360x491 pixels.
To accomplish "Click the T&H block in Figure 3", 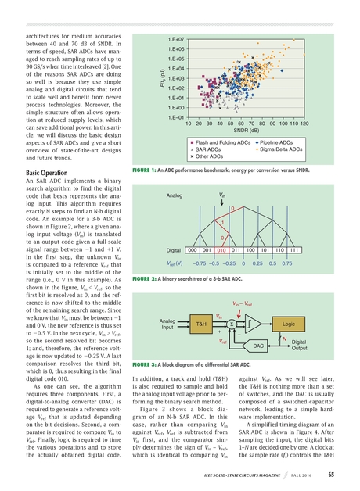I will pos(201,322).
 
